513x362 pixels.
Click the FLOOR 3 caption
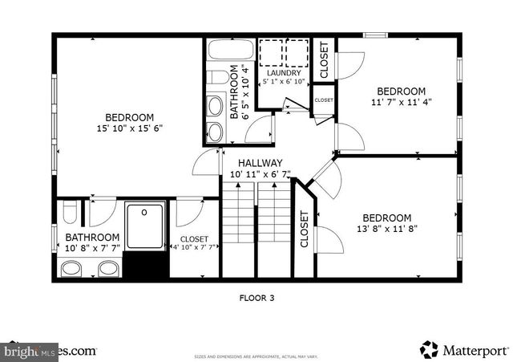click(x=256, y=298)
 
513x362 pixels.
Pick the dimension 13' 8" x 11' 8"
click(x=386, y=229)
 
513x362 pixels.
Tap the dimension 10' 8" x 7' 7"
click(x=93, y=249)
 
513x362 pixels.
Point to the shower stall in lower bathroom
click(x=144, y=224)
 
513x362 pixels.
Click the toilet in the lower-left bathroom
click(x=70, y=213)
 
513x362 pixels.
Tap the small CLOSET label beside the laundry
click(x=324, y=100)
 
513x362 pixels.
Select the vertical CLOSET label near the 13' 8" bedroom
click(x=305, y=229)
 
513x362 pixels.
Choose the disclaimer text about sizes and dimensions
click(x=256, y=353)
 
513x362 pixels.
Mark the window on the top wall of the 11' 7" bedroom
click(x=374, y=35)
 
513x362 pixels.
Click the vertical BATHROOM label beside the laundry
click(x=237, y=91)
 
